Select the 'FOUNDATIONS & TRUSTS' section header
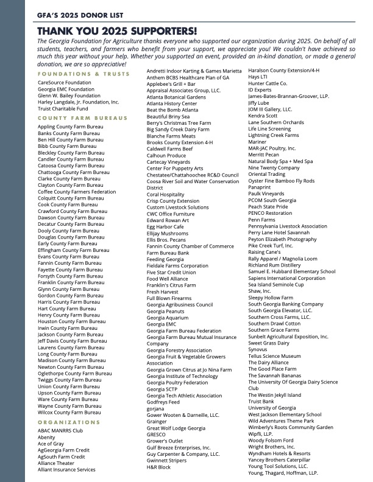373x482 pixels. coord(83,74)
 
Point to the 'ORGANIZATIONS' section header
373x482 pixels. coord(69,422)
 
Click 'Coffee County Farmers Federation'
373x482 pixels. coord(77,192)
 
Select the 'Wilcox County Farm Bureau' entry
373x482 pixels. coord(69,412)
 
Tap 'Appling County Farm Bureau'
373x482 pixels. coord(71,127)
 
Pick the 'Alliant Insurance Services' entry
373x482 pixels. coord(66,469)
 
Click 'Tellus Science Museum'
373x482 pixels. coord(274,356)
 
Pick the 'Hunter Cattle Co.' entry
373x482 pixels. coord(268,83)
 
